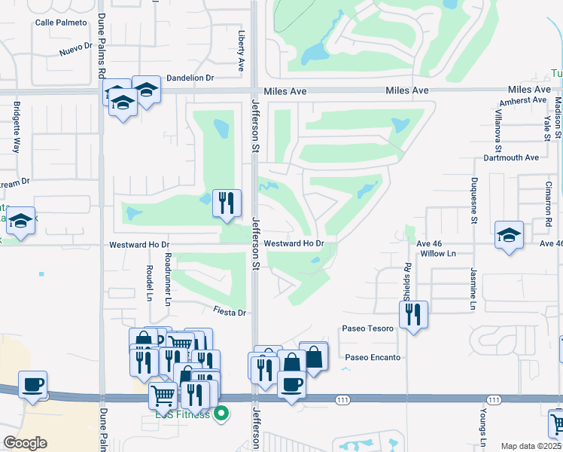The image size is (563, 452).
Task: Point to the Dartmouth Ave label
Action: click(513, 157)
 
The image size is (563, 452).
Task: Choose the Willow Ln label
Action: click(439, 254)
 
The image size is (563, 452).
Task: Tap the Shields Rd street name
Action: click(407, 277)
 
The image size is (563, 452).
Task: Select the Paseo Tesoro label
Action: click(367, 328)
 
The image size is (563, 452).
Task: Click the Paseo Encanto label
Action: click(373, 357)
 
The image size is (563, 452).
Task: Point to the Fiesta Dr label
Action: click(230, 312)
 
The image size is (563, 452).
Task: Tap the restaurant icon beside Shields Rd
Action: click(413, 314)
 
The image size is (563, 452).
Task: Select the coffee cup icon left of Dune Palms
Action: click(32, 383)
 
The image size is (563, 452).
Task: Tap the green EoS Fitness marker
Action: click(221, 414)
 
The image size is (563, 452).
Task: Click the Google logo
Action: click(26, 443)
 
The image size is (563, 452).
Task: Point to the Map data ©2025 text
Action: click(530, 446)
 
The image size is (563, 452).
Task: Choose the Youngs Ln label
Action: click(482, 422)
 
